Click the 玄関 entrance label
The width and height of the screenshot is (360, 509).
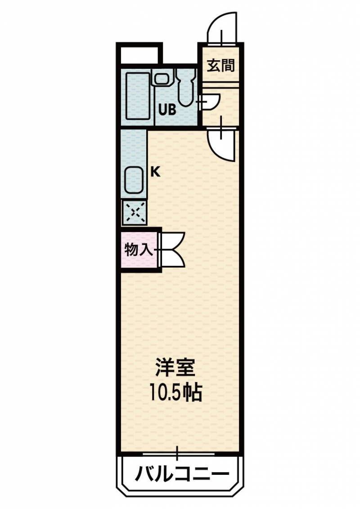point(221,66)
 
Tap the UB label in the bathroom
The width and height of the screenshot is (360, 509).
point(167,110)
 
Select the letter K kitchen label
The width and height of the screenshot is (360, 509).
point(156,172)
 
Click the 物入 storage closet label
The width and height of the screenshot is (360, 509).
point(139,250)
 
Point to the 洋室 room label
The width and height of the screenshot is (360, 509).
point(175,367)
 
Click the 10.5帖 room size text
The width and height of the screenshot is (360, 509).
point(176,392)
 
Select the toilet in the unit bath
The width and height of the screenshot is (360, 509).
point(186,87)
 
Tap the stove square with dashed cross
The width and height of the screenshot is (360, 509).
point(135,212)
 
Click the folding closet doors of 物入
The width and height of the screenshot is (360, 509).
point(173,250)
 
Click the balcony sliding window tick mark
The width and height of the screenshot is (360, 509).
point(177,453)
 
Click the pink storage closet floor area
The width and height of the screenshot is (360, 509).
point(139,250)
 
